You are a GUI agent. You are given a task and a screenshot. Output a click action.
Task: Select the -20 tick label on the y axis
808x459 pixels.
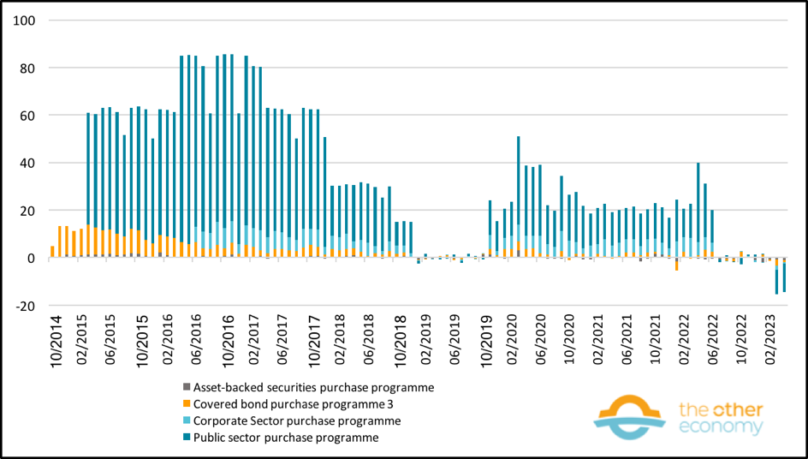pyautogui.click(x=22, y=306)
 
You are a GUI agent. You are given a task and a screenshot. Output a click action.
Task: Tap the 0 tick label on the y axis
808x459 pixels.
pyautogui.click(x=28, y=258)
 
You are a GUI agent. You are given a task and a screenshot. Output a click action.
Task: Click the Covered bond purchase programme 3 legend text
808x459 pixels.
pyautogui.click(x=288, y=404)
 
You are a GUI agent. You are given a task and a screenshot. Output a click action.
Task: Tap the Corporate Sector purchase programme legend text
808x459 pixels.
pyautogui.click(x=297, y=420)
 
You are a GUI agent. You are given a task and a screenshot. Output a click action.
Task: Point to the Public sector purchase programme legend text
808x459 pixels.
pyautogui.click(x=286, y=438)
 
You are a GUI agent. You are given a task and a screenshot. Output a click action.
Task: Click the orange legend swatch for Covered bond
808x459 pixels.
pyautogui.click(x=186, y=404)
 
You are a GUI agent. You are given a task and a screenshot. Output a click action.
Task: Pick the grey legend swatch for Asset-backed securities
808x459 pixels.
pyautogui.click(x=186, y=387)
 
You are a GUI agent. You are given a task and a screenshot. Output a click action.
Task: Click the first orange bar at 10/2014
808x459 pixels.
pyautogui.click(x=52, y=252)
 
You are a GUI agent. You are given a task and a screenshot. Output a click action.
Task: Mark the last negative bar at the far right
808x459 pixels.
pyautogui.click(x=784, y=277)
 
